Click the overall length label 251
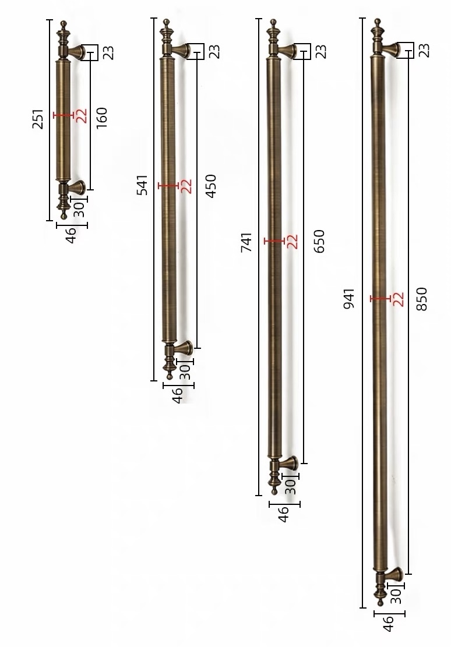pos(37,119)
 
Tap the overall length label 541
pos(142,185)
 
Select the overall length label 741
pos(246,243)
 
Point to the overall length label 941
pos(350,299)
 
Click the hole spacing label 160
pos(101,118)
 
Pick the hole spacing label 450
pos(210,186)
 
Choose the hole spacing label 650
pos(319,241)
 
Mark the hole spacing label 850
pos(422,299)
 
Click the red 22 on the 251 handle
pos(82,115)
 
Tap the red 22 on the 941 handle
pos(398,299)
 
